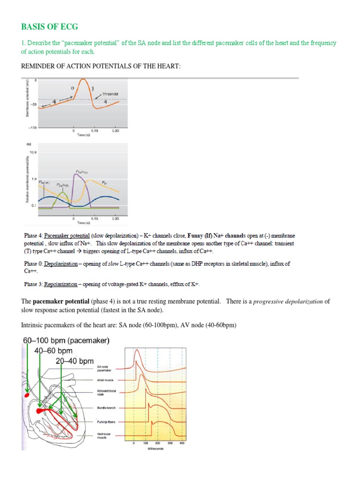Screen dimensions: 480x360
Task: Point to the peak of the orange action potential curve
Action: click(83, 80)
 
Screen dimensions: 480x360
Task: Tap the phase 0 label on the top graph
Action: click(72, 88)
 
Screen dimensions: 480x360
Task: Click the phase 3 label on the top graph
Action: click(92, 89)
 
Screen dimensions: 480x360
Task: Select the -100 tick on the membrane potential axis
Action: click(32, 127)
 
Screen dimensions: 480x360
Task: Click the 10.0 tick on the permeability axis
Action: click(33, 152)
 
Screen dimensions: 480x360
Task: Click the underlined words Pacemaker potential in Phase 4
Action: click(64, 236)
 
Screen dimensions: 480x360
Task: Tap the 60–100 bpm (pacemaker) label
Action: click(66, 340)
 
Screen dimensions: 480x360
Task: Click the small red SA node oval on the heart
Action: click(27, 395)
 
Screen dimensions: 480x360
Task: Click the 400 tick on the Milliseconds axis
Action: click(182, 442)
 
